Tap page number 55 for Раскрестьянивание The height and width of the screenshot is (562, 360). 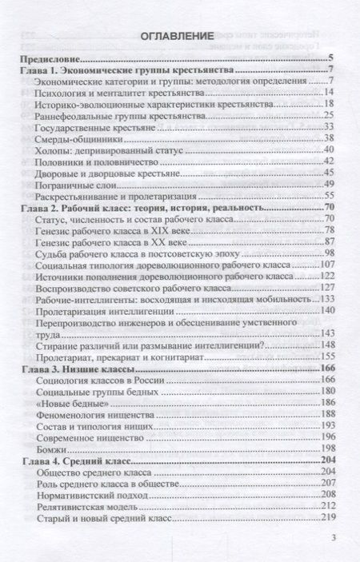329,195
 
